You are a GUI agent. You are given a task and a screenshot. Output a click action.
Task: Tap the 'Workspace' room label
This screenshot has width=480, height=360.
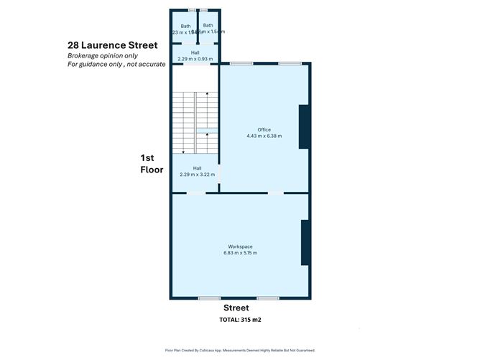tap(241, 247)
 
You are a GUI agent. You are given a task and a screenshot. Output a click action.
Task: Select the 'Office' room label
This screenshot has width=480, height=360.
tap(264, 129)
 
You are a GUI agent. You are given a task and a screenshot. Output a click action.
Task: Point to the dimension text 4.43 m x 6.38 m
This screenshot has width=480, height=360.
tap(264, 136)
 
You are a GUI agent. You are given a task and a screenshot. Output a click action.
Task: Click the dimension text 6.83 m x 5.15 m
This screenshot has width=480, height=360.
tap(241, 254)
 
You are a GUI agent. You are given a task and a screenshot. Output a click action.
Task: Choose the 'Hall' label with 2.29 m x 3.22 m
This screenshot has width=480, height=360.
tap(197, 167)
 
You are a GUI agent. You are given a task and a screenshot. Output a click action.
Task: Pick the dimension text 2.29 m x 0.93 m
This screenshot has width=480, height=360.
tap(195, 58)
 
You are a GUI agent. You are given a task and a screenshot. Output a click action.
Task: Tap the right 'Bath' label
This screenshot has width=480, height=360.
tap(208, 26)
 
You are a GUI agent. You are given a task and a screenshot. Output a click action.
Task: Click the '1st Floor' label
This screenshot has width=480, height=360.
tap(152, 163)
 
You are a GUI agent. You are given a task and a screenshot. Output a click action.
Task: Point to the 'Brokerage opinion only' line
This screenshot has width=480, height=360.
tap(103, 56)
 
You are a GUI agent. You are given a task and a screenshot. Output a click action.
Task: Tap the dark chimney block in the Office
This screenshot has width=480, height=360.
tap(304, 127)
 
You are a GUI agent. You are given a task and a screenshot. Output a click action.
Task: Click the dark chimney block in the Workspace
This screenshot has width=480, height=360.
tap(305, 243)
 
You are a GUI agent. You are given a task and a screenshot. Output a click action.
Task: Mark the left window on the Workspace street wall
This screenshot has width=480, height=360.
tap(209, 298)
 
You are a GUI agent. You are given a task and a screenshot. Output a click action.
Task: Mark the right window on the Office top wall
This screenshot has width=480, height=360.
tap(290, 64)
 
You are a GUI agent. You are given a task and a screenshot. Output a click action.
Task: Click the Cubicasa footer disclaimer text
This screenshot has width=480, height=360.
tap(240, 351)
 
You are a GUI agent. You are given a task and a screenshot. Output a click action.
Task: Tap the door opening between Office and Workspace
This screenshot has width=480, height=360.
tap(275, 193)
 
